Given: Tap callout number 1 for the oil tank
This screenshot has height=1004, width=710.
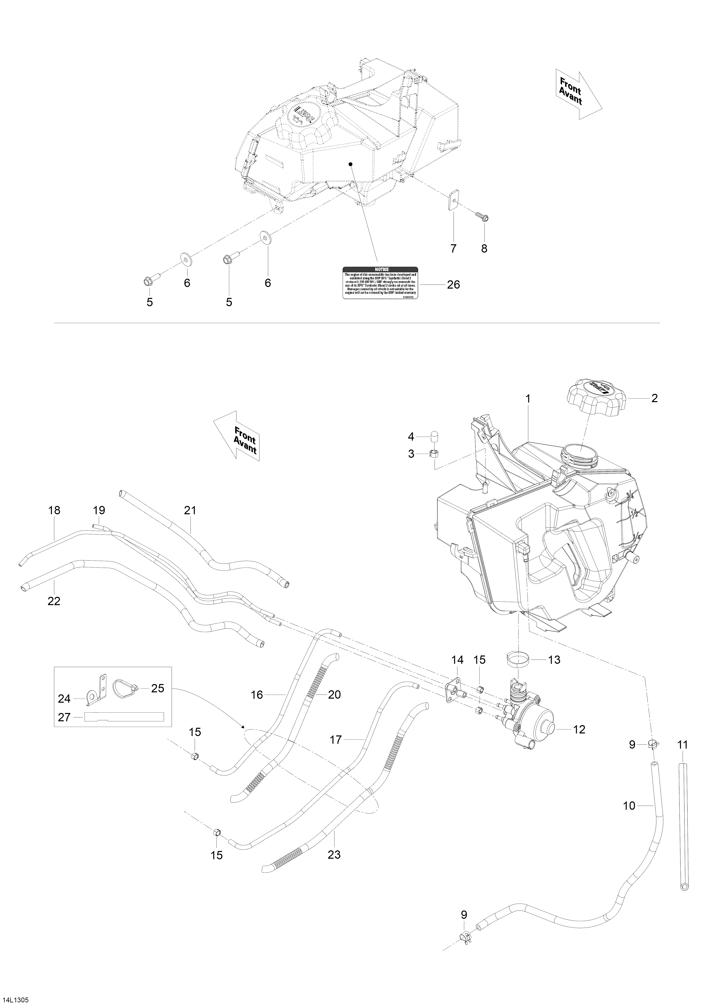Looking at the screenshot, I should (x=528, y=399).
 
